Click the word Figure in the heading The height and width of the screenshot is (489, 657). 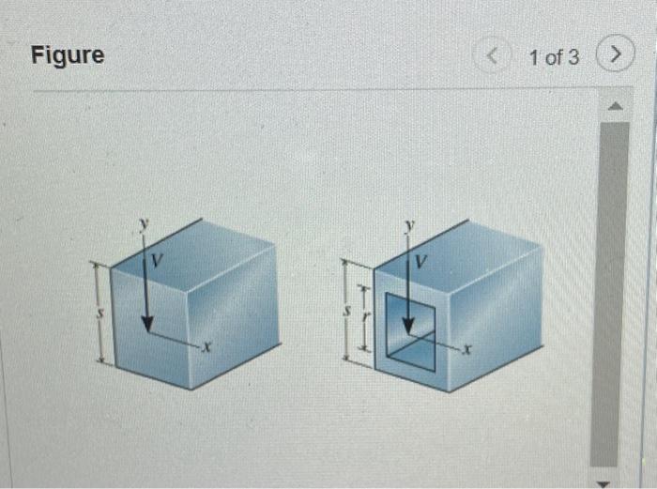(68, 55)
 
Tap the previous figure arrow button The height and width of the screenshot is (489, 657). (494, 56)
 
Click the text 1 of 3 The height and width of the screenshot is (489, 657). (554, 57)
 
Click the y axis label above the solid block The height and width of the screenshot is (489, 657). (144, 224)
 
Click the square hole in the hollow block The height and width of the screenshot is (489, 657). (411, 329)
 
